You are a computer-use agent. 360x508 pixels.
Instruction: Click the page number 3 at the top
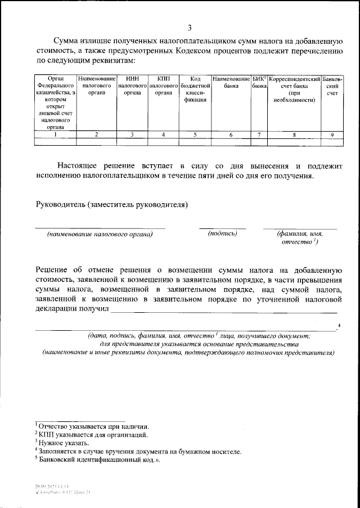[190, 28]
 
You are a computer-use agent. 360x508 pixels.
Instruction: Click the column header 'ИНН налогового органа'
[132, 86]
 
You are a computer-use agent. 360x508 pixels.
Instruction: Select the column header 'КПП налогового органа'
[163, 86]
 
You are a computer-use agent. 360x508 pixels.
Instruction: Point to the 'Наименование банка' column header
[231, 83]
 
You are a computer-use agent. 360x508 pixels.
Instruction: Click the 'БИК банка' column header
[259, 83]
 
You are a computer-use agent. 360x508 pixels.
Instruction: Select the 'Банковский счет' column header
[332, 86]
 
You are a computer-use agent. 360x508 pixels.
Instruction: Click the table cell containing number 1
[55, 134]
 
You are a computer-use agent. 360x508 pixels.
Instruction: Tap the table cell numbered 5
[195, 134]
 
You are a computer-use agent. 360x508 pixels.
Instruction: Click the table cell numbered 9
[332, 134]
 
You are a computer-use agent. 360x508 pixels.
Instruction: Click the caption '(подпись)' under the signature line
[222, 233]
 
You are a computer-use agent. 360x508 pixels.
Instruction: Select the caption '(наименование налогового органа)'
[100, 233]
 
